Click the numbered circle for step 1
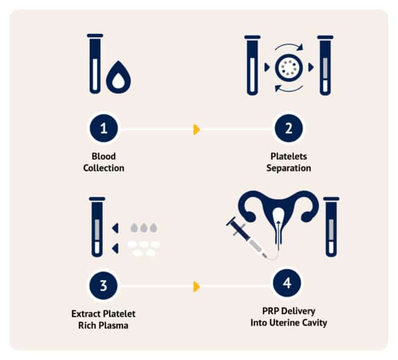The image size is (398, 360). point(104,128)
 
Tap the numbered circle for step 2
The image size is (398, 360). point(289,128)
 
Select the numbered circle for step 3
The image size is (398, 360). point(104,285)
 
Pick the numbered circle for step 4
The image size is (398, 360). point(287,283)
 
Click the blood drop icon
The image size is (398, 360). point(118,77)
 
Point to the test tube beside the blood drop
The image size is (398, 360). point(95,64)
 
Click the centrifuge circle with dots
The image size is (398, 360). point(289,68)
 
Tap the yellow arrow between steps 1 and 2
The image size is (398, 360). point(197,130)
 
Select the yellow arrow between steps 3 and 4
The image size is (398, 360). point(197,286)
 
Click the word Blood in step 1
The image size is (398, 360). point(104,156)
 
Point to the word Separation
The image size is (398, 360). point(289,168)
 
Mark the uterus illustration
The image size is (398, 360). point(279,216)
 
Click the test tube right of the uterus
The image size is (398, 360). point(331,227)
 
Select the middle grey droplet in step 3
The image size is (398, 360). point(144,228)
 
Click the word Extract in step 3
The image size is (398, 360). point(84,314)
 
